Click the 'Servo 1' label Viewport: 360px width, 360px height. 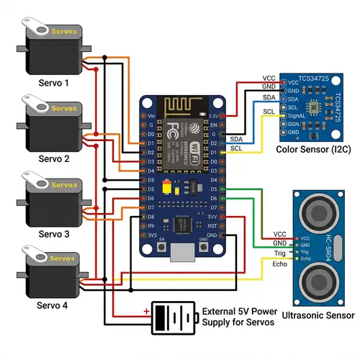coord(54,83)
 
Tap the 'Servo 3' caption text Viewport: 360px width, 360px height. coord(54,234)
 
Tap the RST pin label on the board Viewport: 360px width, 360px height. coord(212,225)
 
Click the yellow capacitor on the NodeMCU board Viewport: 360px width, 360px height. coord(168,190)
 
